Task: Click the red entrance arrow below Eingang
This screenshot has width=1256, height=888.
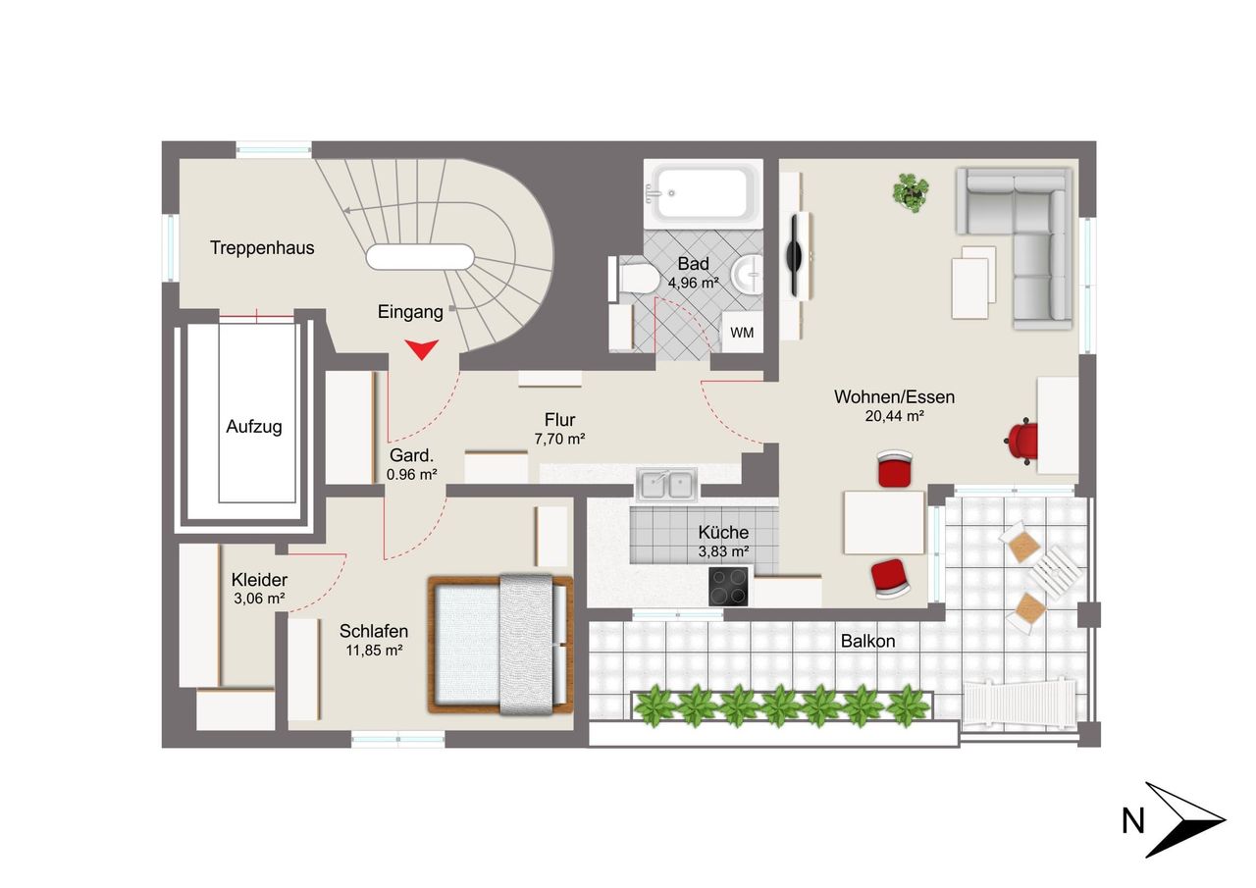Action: (422, 348)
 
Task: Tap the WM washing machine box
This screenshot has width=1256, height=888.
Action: (742, 332)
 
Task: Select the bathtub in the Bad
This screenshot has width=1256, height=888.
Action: (704, 193)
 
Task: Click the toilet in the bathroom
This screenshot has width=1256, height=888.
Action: (634, 279)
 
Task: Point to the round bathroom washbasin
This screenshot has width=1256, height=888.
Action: (748, 275)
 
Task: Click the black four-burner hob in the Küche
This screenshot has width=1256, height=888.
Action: (728, 587)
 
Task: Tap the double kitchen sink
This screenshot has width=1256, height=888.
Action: (666, 485)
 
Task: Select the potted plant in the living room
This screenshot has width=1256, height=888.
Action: (910, 192)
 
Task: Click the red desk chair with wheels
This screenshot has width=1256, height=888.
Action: (1021, 441)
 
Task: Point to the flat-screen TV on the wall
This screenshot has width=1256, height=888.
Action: (795, 256)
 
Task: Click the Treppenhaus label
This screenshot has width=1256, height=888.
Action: (262, 248)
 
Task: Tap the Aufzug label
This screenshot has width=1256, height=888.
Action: (253, 427)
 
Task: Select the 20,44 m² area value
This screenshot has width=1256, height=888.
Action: (894, 416)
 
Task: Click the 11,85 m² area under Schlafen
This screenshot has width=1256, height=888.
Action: (374, 651)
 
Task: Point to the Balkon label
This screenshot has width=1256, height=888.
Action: (867, 641)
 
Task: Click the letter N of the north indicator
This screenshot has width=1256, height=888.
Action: (1132, 821)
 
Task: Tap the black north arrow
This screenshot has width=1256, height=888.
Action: (1184, 819)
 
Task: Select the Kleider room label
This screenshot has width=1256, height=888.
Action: (259, 579)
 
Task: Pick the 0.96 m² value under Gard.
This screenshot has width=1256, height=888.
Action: (411, 474)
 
